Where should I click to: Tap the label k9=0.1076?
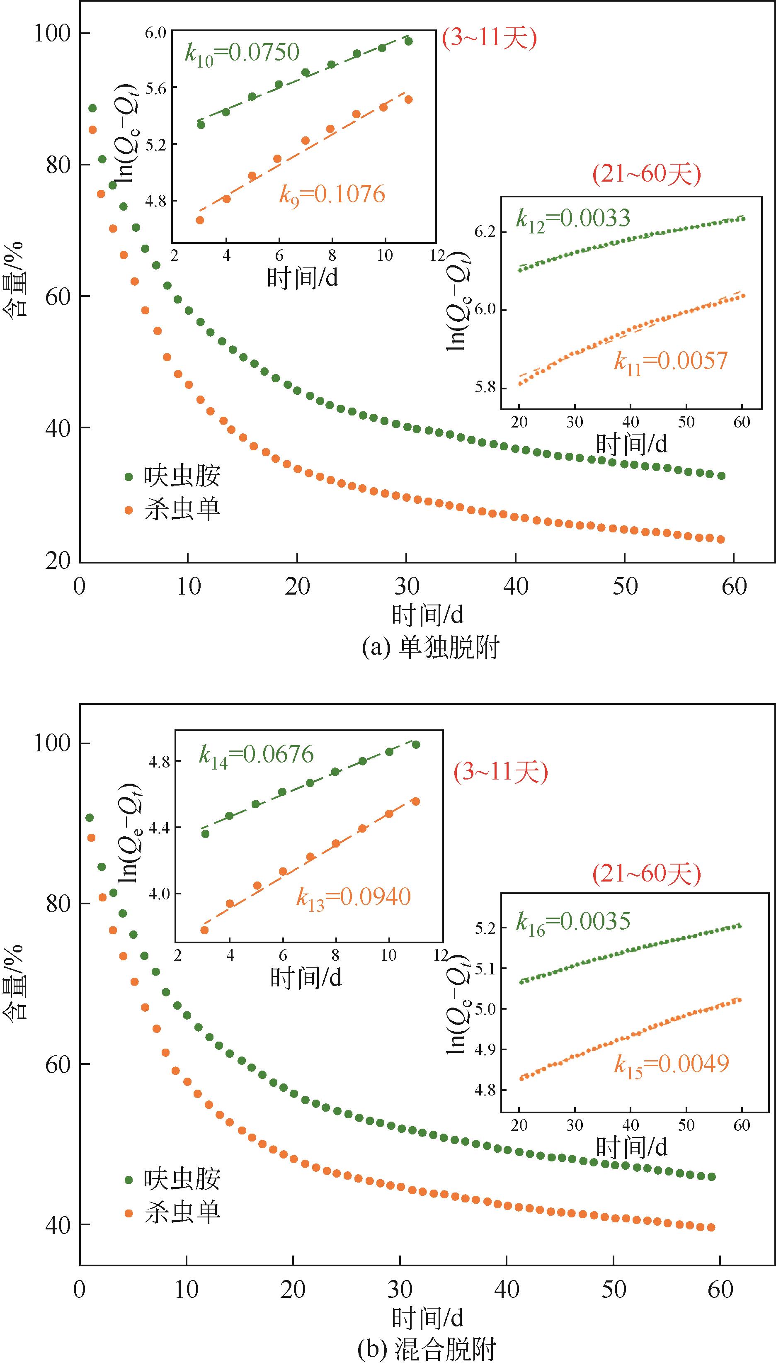[x=332, y=195]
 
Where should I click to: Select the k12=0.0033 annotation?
[x=573, y=219]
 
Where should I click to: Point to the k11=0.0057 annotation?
[x=670, y=362]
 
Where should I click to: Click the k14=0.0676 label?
[x=256, y=755]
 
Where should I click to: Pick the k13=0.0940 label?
[x=353, y=898]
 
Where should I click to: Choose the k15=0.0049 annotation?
[x=672, y=1064]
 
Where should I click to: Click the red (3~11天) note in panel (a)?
[x=489, y=39]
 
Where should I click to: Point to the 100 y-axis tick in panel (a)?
[x=52, y=34]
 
